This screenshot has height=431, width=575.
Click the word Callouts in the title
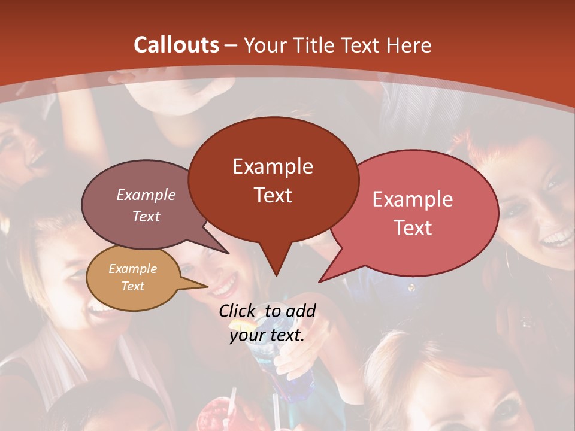pyautogui.click(x=176, y=45)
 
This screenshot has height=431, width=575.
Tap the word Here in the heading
pyautogui.click(x=409, y=45)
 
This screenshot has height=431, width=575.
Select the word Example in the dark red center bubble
pyautogui.click(x=273, y=166)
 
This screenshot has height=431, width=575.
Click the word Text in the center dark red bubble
pyautogui.click(x=273, y=195)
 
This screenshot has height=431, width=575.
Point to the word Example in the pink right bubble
pyautogui.click(x=413, y=199)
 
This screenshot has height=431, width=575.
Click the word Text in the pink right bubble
pyautogui.click(x=413, y=228)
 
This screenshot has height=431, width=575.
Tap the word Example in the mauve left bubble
pyautogui.click(x=146, y=195)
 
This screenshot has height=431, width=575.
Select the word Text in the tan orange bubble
pyautogui.click(x=132, y=286)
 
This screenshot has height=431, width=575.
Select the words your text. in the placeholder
pyautogui.click(x=267, y=335)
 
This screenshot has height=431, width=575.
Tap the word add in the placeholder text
pyautogui.click(x=301, y=311)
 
